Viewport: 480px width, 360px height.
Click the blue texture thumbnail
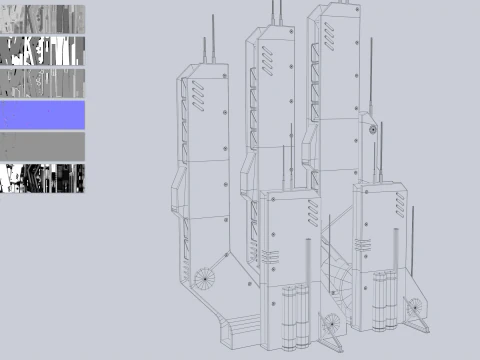[x=42, y=114]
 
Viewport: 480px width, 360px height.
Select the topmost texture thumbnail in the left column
[x=42, y=19]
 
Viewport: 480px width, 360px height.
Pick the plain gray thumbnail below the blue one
[x=42, y=146]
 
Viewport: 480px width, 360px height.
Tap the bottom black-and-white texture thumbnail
[x=42, y=178]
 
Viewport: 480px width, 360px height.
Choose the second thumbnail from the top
[x=42, y=50]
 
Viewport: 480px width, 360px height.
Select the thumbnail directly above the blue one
[x=42, y=82]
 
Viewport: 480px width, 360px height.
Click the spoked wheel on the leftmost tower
[x=205, y=279]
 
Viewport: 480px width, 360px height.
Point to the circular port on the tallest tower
[x=371, y=129]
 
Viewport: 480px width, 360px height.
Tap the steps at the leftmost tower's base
[x=242, y=325]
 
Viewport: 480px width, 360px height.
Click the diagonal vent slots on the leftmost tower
[x=199, y=96]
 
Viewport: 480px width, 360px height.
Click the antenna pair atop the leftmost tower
[x=208, y=50]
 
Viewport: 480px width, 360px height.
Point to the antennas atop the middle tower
[x=275, y=12]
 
